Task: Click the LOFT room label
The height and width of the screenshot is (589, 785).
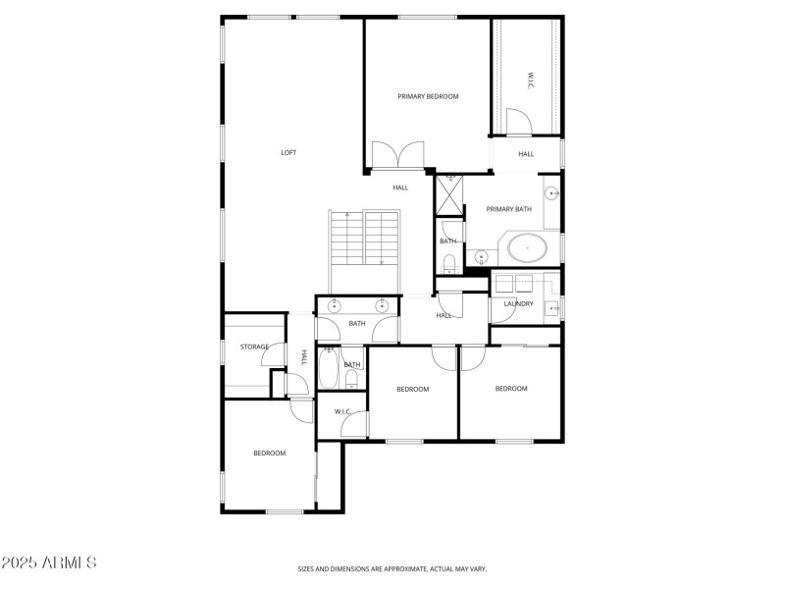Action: click(x=288, y=152)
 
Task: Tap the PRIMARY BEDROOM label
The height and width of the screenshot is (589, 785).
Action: click(x=428, y=96)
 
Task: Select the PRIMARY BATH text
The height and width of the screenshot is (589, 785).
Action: click(x=509, y=209)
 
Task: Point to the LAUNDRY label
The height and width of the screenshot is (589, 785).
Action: click(x=518, y=303)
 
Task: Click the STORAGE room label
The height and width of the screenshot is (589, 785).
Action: click(x=255, y=347)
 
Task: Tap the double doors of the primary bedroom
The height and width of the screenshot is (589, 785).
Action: click(x=396, y=155)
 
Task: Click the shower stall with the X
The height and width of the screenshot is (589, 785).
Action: click(x=448, y=195)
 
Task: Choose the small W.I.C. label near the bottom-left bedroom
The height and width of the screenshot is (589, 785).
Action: click(x=342, y=411)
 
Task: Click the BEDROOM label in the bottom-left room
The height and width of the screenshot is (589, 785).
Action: click(x=269, y=453)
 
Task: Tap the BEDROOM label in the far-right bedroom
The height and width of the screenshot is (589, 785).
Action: click(x=511, y=389)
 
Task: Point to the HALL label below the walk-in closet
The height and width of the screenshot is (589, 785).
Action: click(x=526, y=154)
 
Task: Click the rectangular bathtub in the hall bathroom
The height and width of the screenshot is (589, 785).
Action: click(x=329, y=371)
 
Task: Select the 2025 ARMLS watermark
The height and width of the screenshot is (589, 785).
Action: click(x=49, y=562)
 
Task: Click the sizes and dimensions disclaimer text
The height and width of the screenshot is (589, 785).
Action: click(x=392, y=568)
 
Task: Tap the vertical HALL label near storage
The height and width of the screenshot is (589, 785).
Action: click(x=304, y=357)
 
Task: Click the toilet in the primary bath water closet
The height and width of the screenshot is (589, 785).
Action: click(x=448, y=262)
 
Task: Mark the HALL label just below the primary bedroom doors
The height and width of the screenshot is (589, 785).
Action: click(x=400, y=187)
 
